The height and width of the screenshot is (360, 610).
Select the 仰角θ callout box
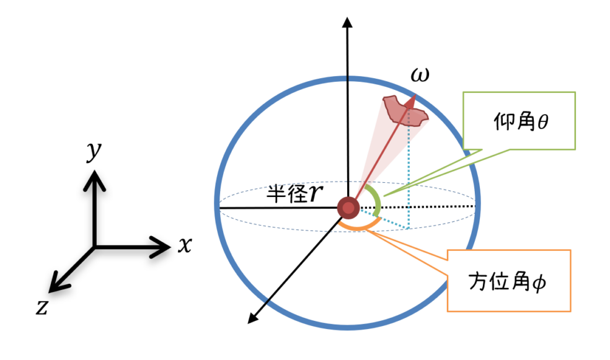pyautogui.click(x=520, y=121)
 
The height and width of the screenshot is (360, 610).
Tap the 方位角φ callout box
pyautogui.click(x=508, y=281)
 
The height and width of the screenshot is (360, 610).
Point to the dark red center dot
pyautogui.click(x=348, y=208)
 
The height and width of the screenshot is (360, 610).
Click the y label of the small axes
pyautogui.click(x=94, y=152)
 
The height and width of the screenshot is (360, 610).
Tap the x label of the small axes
pyautogui.click(x=184, y=246)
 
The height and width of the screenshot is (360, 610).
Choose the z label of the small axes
pyautogui.click(x=42, y=307)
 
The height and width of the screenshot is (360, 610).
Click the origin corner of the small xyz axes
pyautogui.click(x=94, y=247)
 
